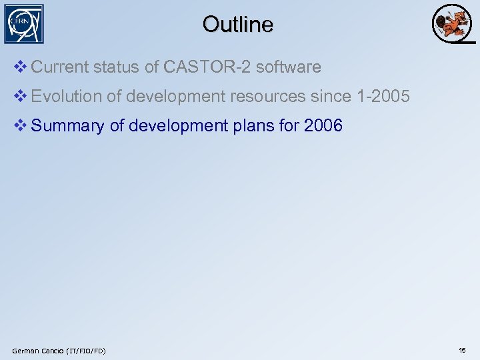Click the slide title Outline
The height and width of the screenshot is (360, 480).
click(238, 25)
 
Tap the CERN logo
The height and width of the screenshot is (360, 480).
click(24, 24)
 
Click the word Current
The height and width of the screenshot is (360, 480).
click(59, 67)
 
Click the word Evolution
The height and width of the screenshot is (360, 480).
click(66, 97)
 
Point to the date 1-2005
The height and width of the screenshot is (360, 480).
click(383, 97)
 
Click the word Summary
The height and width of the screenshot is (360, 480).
click(67, 126)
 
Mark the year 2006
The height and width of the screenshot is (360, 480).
click(323, 126)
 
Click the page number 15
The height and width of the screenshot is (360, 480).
click(462, 350)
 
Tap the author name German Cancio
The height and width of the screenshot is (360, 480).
click(35, 351)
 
